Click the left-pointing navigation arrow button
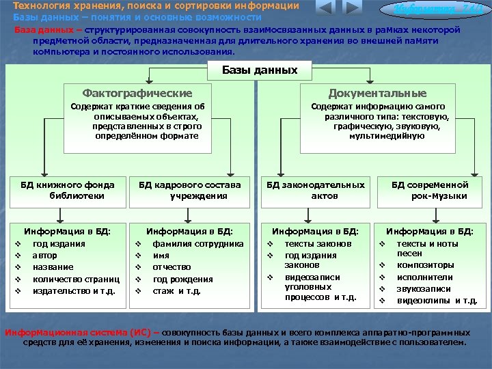325,9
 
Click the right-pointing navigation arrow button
351,9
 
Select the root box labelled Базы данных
260,70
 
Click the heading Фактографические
137,93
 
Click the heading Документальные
377,93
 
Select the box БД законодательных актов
315,190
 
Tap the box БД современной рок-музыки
430,190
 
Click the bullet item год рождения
182,279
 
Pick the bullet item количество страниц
76,279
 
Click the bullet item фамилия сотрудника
198,244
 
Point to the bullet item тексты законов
318,244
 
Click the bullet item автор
44,256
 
